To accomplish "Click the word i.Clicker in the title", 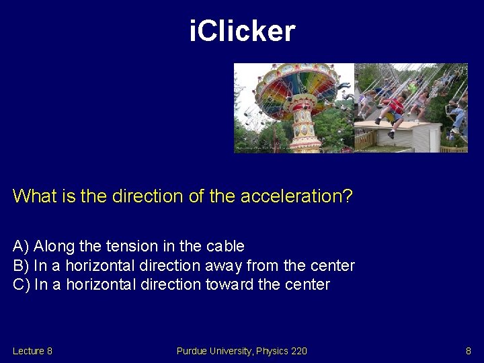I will (242, 31).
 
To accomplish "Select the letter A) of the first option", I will (20, 246).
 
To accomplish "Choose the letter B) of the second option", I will (20, 266).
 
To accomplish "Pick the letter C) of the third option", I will (21, 284).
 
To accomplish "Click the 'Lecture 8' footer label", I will (32, 351).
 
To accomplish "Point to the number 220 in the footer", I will (298, 351).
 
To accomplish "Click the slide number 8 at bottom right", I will (469, 351).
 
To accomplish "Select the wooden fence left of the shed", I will (367, 139).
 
